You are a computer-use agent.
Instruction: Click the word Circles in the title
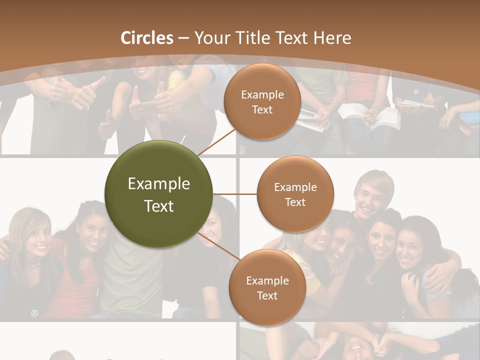click(147, 38)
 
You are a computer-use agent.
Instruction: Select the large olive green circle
click(159, 194)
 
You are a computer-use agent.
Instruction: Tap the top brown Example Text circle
click(262, 102)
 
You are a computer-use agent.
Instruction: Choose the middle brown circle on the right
click(295, 194)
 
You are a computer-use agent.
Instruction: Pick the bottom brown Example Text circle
click(267, 288)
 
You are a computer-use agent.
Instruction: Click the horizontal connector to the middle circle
click(235, 194)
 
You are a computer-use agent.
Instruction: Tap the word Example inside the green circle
click(159, 184)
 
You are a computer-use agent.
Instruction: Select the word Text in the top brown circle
click(262, 110)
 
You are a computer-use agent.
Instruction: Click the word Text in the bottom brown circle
click(267, 296)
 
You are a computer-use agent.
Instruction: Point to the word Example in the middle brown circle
click(295, 187)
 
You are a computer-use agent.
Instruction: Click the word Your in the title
click(207, 38)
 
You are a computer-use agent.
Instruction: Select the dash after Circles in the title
click(183, 38)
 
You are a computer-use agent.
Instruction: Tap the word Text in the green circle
click(159, 206)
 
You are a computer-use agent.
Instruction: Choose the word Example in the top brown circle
click(262, 95)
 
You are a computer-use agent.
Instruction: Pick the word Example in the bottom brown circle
click(267, 281)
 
